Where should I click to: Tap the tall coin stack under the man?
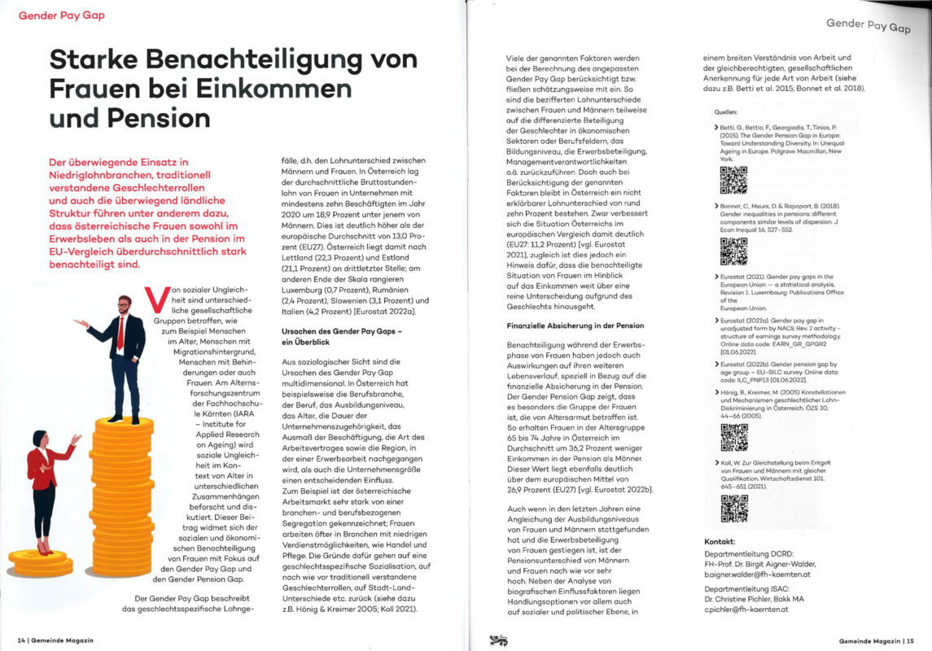[123, 488]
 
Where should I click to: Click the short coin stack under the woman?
[39, 561]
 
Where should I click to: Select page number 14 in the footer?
[21, 640]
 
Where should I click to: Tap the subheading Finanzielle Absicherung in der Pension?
[573, 325]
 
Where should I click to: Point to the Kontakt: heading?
[720, 541]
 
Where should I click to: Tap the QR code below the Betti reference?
[733, 178]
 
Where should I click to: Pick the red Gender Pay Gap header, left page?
[61, 15]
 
